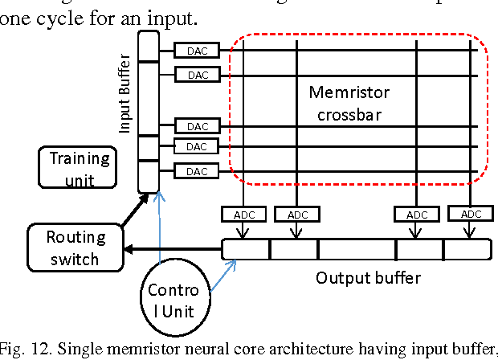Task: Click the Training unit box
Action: pyautogui.click(x=79, y=168)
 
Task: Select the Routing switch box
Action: pyautogui.click(x=76, y=247)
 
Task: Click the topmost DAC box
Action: pyautogui.click(x=198, y=51)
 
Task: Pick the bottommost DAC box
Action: pyautogui.click(x=198, y=171)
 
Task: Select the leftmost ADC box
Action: pyautogui.click(x=243, y=215)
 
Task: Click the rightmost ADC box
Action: pyautogui.click(x=469, y=214)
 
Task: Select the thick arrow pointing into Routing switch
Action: pyautogui.click(x=173, y=249)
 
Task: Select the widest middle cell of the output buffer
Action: pyautogui.click(x=357, y=249)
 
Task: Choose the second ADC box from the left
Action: pyautogui.click(x=297, y=215)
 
